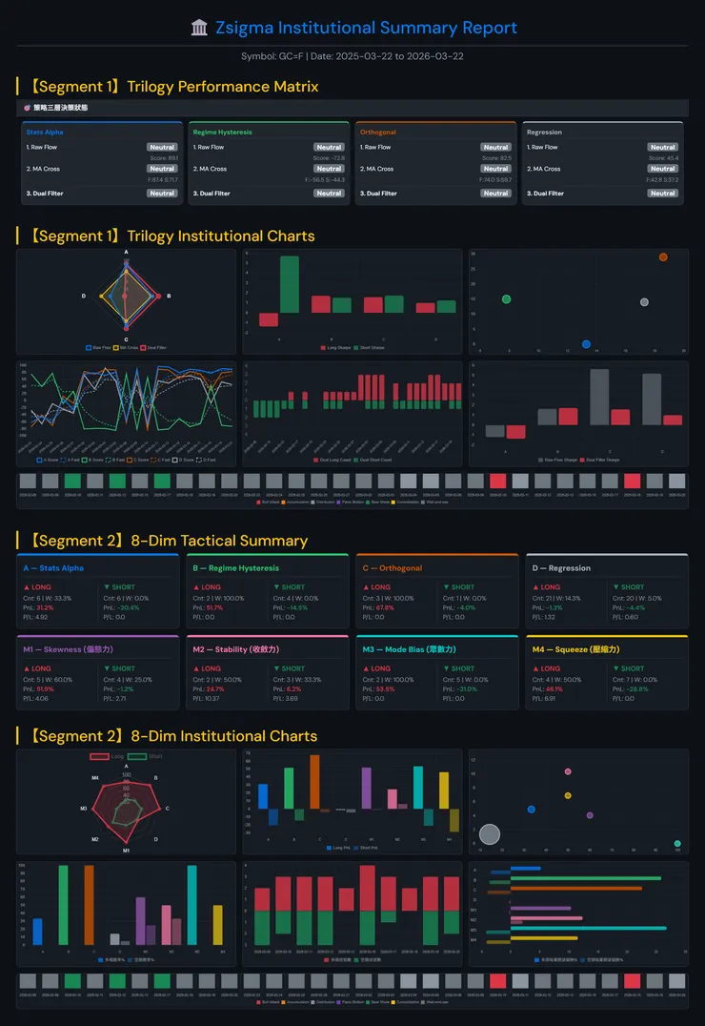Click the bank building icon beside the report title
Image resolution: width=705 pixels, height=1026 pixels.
[x=199, y=28]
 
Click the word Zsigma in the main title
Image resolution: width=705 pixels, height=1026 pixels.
[x=241, y=28]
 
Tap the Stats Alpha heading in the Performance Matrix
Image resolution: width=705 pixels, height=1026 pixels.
[x=45, y=133]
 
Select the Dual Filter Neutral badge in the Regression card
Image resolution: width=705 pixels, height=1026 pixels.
[x=663, y=194]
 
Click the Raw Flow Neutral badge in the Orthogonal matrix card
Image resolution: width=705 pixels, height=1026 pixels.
[x=495, y=148]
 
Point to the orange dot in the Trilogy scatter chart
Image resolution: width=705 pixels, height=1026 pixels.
[x=663, y=257]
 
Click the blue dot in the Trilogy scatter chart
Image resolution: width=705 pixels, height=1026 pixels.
[x=586, y=343]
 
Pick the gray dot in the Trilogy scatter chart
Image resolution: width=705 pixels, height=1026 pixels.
[x=644, y=302]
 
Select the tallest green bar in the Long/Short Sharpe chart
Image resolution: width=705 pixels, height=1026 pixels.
[x=290, y=283]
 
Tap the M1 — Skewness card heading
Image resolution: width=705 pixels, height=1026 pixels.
[x=65, y=649]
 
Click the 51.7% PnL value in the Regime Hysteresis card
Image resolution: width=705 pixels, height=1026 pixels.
[x=214, y=607]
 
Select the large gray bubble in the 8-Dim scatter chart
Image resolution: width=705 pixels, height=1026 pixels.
[x=490, y=834]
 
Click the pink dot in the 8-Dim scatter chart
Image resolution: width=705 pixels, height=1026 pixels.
[x=568, y=771]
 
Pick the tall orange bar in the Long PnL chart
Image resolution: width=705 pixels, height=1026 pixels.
[x=314, y=782]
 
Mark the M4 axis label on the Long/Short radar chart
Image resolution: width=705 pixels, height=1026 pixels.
[x=95, y=778]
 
